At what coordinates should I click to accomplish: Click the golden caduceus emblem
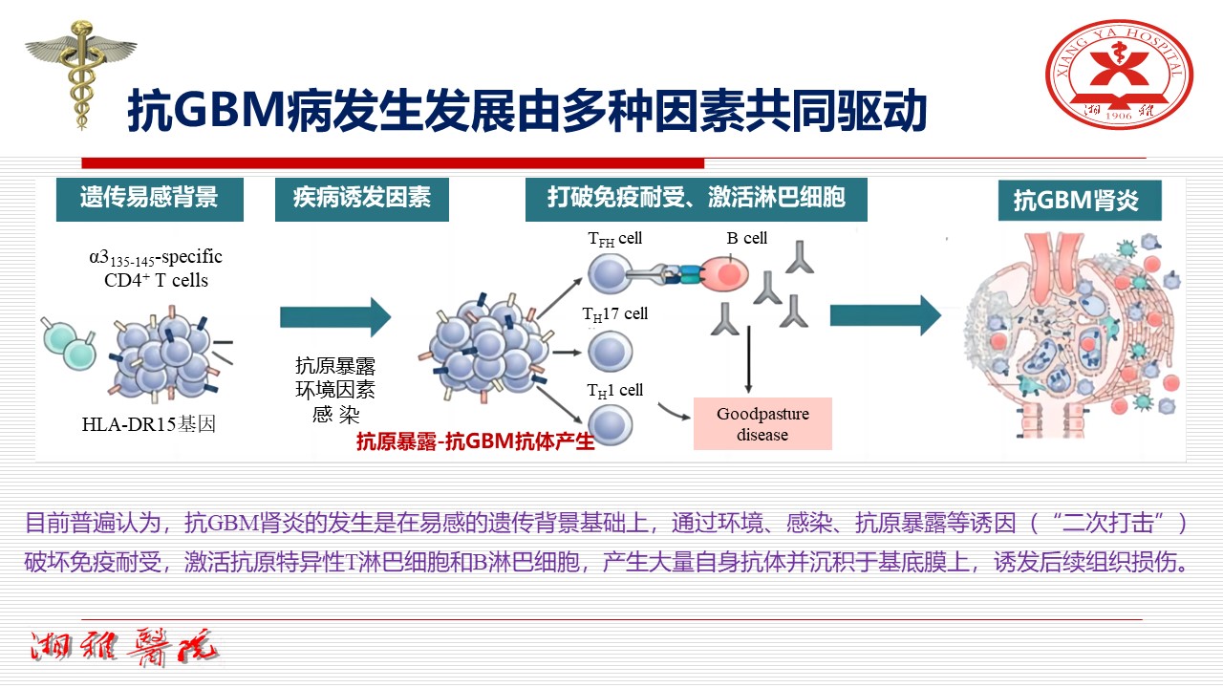[80, 80]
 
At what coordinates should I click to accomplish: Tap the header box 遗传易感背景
[149, 199]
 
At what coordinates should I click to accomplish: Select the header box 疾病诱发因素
[361, 199]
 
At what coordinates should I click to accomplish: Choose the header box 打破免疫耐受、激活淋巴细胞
[697, 199]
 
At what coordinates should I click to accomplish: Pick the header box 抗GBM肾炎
[1080, 202]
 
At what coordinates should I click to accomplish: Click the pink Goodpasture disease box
[762, 423]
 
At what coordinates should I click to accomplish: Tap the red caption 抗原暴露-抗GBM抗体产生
[476, 441]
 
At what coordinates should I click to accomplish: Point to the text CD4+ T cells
[156, 281]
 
